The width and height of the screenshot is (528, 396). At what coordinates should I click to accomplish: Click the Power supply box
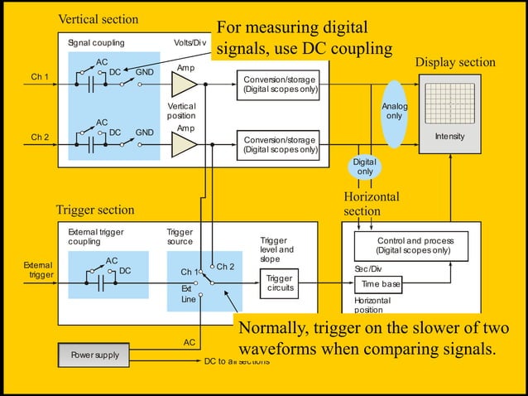coord(94,355)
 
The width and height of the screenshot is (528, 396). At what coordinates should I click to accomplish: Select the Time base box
coord(382,284)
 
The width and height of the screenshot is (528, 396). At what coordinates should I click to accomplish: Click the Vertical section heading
coord(98,19)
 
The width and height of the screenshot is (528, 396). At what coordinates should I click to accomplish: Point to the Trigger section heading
coord(94,210)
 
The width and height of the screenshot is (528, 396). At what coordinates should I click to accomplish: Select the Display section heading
coord(455,63)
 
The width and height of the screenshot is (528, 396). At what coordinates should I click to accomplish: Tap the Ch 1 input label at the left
coord(40,77)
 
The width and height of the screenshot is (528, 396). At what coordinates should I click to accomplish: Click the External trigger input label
coord(41,270)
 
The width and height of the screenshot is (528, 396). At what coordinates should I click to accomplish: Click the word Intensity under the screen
coord(449,137)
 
